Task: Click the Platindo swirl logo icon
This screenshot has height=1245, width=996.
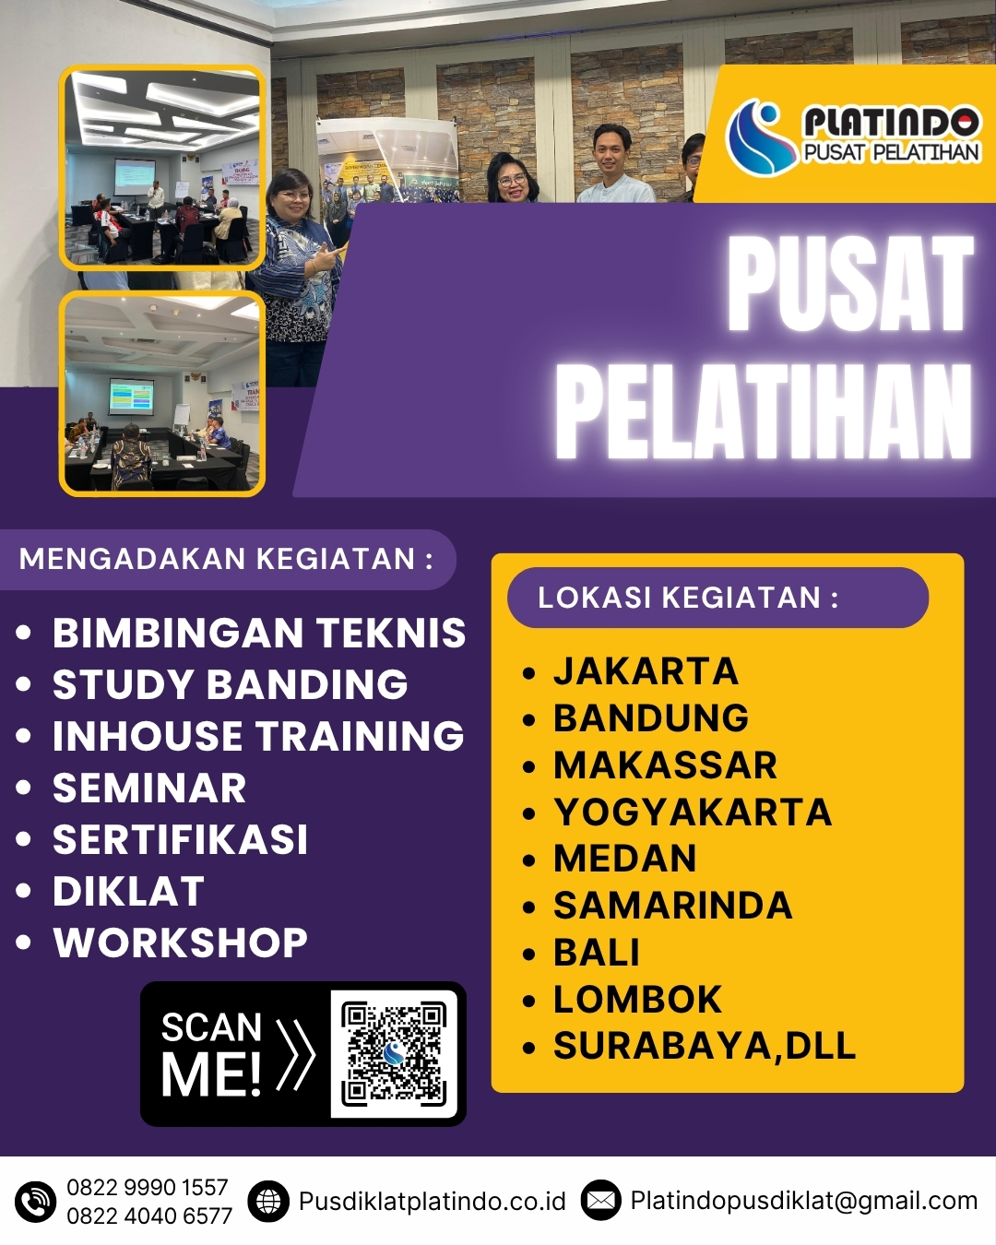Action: pyautogui.click(x=760, y=137)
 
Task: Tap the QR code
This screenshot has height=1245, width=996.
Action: pyautogui.click(x=394, y=1053)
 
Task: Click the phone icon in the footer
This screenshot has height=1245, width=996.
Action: pyautogui.click(x=36, y=1202)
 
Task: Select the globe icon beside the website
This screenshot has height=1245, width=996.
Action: pyautogui.click(x=268, y=1202)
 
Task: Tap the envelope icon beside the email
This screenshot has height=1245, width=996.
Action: pyautogui.click(x=600, y=1201)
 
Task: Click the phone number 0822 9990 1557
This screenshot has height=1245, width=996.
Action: pyautogui.click(x=147, y=1187)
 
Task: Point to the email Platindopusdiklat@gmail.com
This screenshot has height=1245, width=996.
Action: pyautogui.click(x=803, y=1201)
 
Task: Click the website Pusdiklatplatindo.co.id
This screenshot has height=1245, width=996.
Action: pyautogui.click(x=432, y=1202)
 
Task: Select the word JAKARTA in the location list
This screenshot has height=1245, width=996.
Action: pyautogui.click(x=646, y=671)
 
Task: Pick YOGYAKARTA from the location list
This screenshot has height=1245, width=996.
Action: pyautogui.click(x=693, y=812)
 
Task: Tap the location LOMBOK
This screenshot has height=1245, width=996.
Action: pyautogui.click(x=637, y=1000)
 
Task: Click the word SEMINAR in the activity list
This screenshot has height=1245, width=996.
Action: pyautogui.click(x=149, y=788)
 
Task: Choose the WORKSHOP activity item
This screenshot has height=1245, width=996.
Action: pyautogui.click(x=180, y=943)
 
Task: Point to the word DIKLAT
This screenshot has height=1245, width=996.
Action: pyautogui.click(x=128, y=892)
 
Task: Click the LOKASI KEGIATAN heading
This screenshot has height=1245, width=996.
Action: pyautogui.click(x=688, y=598)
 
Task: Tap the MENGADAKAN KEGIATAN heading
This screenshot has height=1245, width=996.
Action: pyautogui.click(x=226, y=559)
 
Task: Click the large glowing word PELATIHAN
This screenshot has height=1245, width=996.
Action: pyautogui.click(x=764, y=411)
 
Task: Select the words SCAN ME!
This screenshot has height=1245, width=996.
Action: pyautogui.click(x=212, y=1053)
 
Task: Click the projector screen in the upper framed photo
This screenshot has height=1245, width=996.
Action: pyautogui.click(x=135, y=172)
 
